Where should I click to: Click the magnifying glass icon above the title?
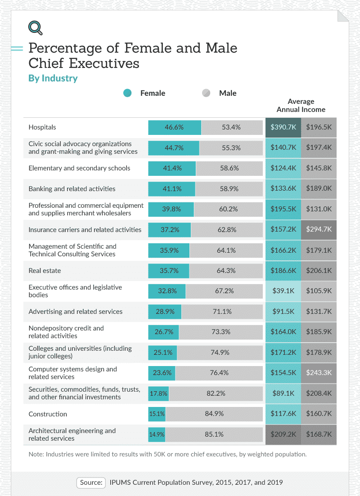click(35, 28)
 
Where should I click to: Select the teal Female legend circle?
click(127, 93)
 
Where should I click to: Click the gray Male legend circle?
click(206, 93)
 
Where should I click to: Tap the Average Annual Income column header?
click(301, 105)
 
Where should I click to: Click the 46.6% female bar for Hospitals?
click(175, 127)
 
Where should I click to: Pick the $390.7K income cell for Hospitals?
click(283, 127)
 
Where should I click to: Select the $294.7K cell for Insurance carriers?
click(319, 229)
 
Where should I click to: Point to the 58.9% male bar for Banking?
click(229, 189)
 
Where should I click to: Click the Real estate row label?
click(45, 271)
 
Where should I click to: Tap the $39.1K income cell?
click(283, 291)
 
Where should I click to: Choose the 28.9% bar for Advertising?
click(165, 312)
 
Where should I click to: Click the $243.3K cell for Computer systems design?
click(319, 373)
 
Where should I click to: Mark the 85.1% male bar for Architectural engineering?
click(214, 434)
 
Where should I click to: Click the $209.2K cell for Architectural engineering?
click(283, 434)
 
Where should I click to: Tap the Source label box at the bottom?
click(91, 482)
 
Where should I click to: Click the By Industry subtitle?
click(53, 78)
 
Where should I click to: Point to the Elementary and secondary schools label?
click(79, 168)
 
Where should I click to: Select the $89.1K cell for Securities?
click(283, 393)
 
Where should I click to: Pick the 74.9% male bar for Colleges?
click(220, 353)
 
